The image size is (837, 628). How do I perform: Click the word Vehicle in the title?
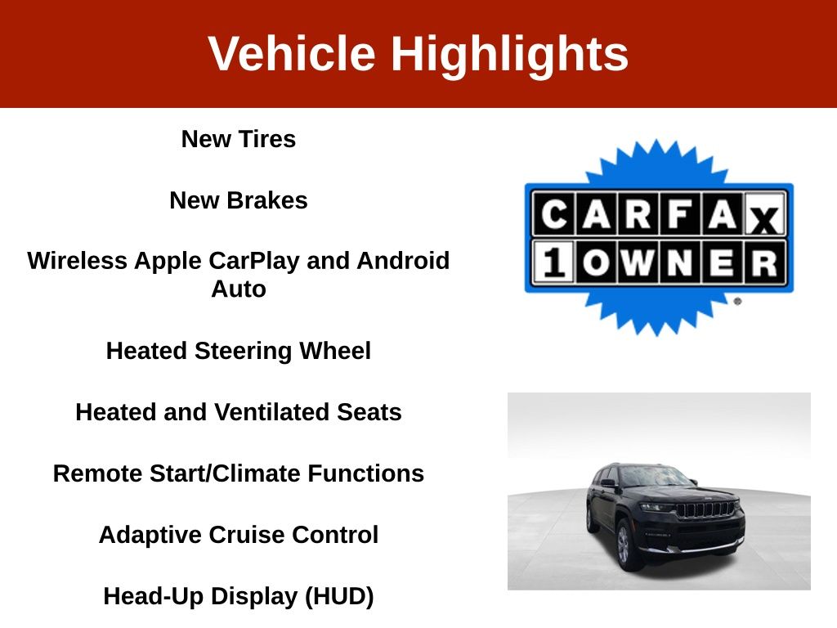coord(292,53)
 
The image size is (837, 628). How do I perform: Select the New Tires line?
coord(239,139)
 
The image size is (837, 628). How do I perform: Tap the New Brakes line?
coord(239,200)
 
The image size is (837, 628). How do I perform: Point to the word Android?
coord(403,261)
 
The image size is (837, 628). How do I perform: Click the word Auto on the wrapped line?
coord(239,289)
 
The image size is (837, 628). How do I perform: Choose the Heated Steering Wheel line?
coord(239,351)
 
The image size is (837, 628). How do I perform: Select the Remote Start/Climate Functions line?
coord(239,473)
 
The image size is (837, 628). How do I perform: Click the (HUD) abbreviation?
coord(339,596)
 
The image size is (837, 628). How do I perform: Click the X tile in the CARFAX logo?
coord(764,215)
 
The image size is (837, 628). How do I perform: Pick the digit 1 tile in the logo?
coord(553,262)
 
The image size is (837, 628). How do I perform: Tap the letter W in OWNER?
coord(638,262)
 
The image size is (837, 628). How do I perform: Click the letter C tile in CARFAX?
coord(554,215)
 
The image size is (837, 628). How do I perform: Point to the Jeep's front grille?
coord(707,509)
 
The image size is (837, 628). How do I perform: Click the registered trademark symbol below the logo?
coord(738,302)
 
